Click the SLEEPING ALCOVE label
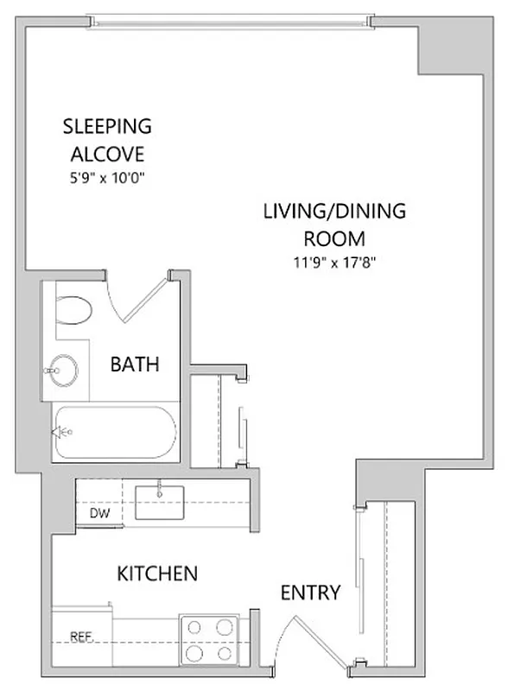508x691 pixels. point(107,140)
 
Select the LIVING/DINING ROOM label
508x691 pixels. point(334,224)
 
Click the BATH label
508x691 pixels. point(134,365)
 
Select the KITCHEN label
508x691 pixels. point(158,573)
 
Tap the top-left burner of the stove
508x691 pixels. point(195,628)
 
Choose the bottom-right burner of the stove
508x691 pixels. point(225,652)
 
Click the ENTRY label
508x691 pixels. point(310,593)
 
